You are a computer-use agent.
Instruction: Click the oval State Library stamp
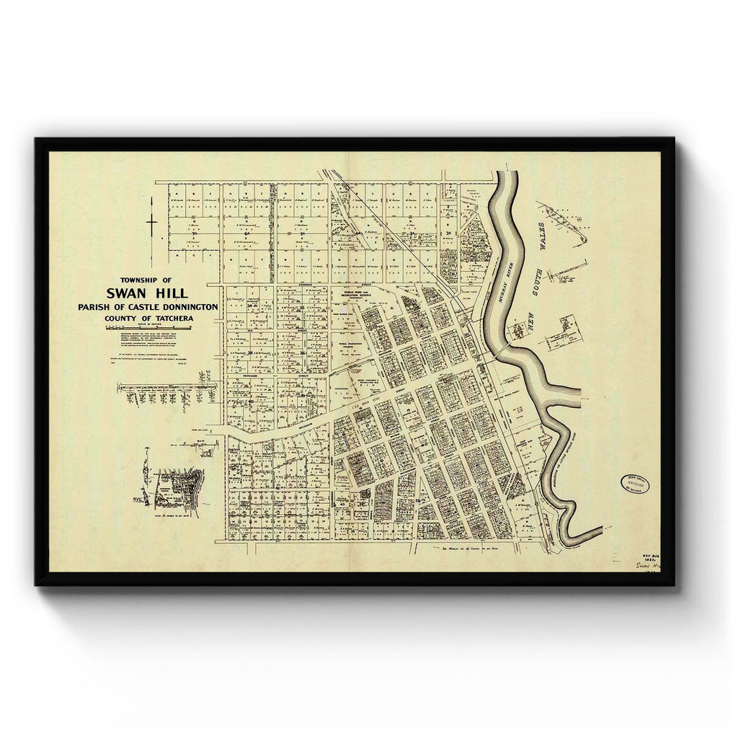[x=634, y=484]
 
